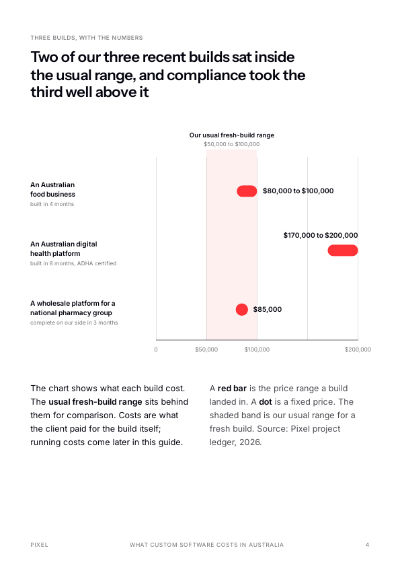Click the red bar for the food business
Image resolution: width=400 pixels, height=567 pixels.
(247, 191)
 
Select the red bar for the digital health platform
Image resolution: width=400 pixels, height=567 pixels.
(343, 251)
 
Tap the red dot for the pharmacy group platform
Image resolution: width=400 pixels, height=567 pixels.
(242, 310)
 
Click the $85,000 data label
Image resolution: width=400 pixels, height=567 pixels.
(268, 310)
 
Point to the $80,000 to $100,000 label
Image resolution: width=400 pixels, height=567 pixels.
(298, 191)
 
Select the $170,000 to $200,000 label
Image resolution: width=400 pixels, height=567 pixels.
(321, 236)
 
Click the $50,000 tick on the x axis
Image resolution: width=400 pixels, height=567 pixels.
(206, 349)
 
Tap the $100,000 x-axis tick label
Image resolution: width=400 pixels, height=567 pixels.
(257, 349)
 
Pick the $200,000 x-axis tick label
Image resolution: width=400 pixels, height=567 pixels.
(358, 349)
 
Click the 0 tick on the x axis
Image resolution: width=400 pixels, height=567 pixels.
(156, 349)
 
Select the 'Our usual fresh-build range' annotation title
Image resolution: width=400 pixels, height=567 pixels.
(232, 135)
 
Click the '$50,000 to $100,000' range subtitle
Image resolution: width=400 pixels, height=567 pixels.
(232, 144)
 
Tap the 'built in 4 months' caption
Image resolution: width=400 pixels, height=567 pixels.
(52, 204)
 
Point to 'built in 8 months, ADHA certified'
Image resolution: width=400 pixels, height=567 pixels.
(73, 263)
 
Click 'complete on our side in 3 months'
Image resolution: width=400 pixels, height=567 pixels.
(74, 323)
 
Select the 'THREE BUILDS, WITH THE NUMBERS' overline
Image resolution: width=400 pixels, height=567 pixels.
(87, 38)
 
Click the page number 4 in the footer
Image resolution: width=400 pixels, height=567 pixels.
(368, 545)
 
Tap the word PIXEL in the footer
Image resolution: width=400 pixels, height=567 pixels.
(40, 545)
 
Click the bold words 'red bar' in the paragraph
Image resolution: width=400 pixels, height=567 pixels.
(232, 389)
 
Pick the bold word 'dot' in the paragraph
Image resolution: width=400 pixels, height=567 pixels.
(266, 402)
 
